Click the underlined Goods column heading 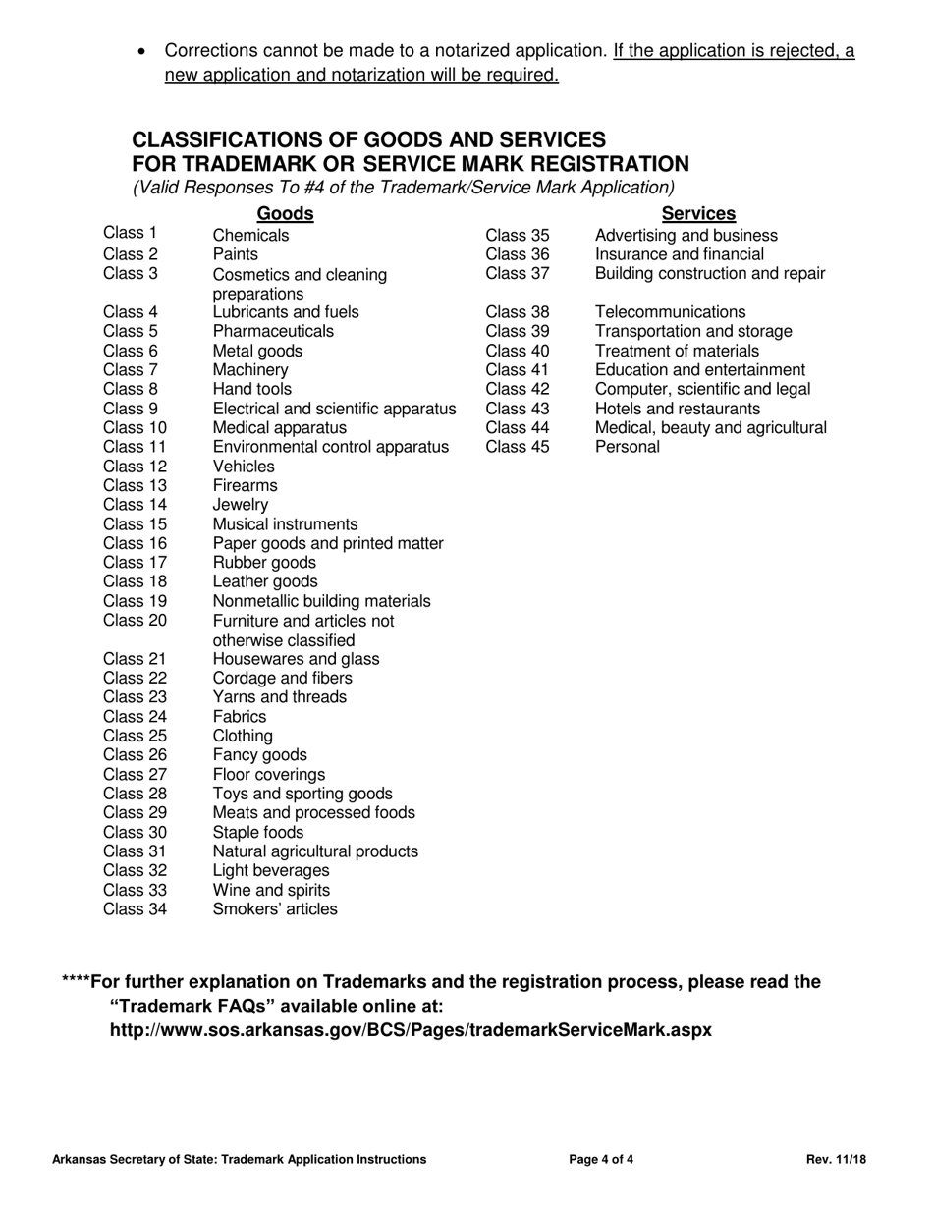pos(285,214)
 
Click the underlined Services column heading pos(698,214)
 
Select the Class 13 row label pos(136,485)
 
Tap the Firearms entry pos(245,486)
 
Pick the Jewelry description pos(240,505)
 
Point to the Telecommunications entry pos(670,313)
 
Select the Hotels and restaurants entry pos(678,409)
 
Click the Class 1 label pos(130,234)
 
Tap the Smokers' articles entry pos(274,909)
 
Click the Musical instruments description pos(285,524)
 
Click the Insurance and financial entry pos(679,255)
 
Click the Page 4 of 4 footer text pos(601,1160)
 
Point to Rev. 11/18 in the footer pos(837,1160)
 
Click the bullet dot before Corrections pos(144,51)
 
